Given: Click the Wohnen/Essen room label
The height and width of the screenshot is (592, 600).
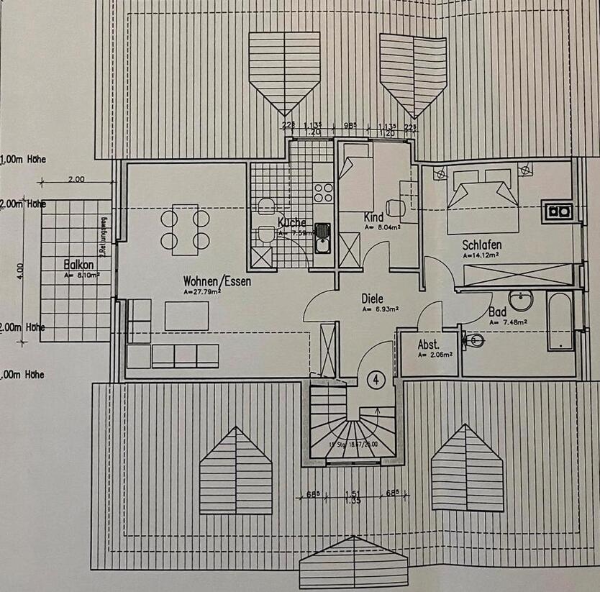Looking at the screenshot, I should [x=217, y=281].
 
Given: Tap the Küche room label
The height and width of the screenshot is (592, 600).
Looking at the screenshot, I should [x=291, y=222].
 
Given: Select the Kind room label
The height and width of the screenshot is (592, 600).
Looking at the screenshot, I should [x=374, y=217].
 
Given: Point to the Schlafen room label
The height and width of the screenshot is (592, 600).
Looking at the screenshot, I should [x=481, y=245].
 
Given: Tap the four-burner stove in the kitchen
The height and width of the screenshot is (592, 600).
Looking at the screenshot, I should [x=324, y=192].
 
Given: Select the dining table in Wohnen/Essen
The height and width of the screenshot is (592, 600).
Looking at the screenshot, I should [x=185, y=229].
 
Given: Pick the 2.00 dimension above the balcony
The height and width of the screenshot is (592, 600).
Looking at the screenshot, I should [x=76, y=180].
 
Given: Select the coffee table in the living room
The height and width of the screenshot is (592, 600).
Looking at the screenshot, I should [x=187, y=316].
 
